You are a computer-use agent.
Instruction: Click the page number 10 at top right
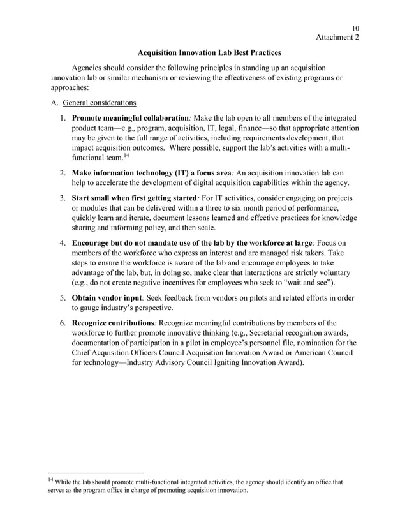pyautogui.click(x=355, y=27)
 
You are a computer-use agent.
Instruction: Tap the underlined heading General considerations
pyautogui.click(x=98, y=103)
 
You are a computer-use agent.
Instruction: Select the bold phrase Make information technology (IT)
pyautogui.click(x=137, y=172)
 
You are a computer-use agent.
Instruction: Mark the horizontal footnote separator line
pyautogui.click(x=96, y=473)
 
